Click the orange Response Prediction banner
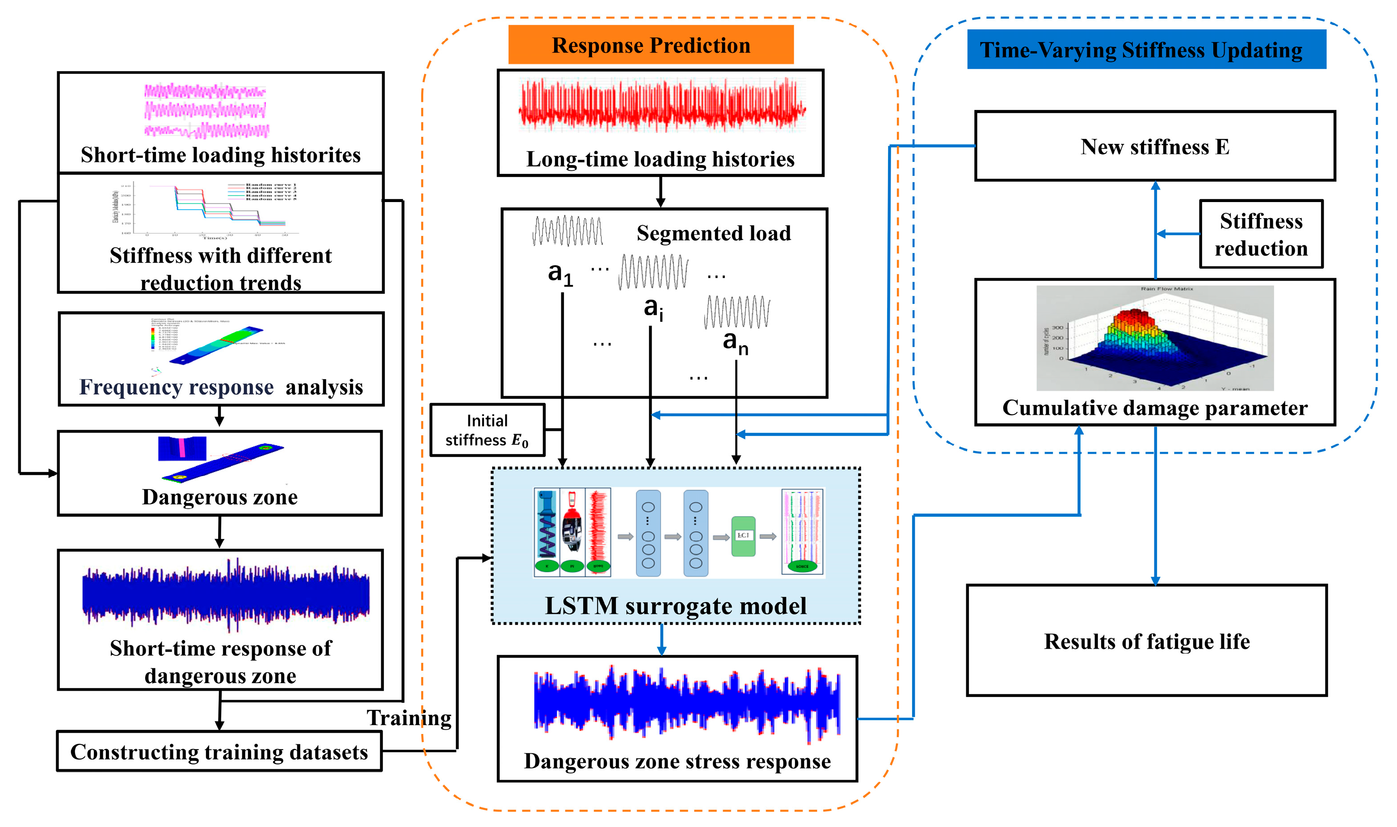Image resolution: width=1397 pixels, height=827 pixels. tap(651, 45)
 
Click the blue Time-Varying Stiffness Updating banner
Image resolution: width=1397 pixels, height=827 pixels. tap(1146, 50)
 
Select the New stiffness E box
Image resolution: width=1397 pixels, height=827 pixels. tap(1155, 146)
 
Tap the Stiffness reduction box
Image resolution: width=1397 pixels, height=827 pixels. tap(1261, 234)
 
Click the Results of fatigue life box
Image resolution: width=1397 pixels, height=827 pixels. tap(1146, 641)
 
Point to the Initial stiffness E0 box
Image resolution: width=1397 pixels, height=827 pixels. tap(487, 430)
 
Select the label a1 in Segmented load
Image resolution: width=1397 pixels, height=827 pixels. tap(559, 274)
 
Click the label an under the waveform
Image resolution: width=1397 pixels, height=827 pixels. tap(735, 342)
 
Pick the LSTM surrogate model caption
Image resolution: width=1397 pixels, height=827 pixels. tap(675, 606)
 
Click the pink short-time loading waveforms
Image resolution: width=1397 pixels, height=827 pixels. tap(206, 110)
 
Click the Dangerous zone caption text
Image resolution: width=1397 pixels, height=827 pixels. tap(219, 497)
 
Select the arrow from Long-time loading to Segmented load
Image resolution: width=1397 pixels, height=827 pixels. tap(660, 192)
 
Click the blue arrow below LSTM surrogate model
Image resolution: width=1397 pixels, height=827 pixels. tap(661, 640)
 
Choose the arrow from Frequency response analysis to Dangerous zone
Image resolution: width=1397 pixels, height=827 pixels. tap(219, 416)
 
